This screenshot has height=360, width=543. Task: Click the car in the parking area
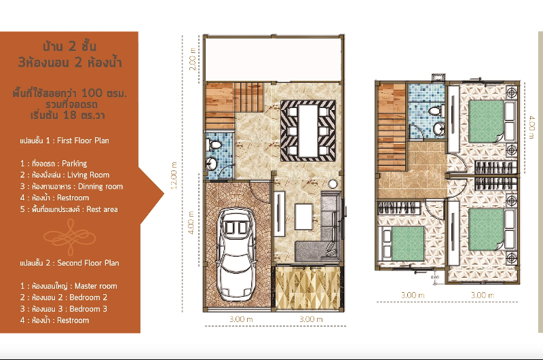click(236, 254)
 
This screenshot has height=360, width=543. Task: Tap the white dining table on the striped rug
click(307, 130)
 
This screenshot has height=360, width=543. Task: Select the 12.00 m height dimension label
click(174, 175)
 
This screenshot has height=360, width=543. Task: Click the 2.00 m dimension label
click(193, 59)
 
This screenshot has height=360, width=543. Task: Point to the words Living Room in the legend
click(88, 175)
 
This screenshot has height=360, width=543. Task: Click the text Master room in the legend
click(96, 286)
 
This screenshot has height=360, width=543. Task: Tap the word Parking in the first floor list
click(75, 164)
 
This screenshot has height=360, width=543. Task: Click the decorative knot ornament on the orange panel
click(70, 237)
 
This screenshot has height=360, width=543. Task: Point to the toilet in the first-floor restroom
click(214, 145)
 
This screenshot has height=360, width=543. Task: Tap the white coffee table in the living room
click(303, 217)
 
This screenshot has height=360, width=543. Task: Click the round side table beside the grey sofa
click(333, 184)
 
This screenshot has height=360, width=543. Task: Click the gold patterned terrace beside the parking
click(307, 288)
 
